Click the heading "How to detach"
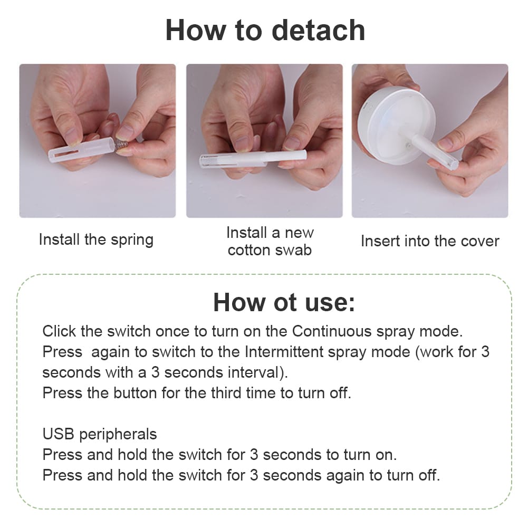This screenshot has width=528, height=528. coord(265,30)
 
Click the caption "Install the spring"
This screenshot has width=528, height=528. coord(96,240)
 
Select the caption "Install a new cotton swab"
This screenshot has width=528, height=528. coord(270,242)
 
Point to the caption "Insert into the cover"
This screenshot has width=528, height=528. coord(430,241)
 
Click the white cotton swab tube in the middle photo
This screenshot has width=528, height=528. coord(253,159)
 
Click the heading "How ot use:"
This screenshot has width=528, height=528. coord(284,302)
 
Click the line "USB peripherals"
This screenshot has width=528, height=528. coord(100,435)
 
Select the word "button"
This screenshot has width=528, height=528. coord(136,393)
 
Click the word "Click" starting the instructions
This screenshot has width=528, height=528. coord(59,331)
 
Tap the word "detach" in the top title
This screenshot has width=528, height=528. coord(318,30)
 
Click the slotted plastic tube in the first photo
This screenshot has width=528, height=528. coord(81,149)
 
